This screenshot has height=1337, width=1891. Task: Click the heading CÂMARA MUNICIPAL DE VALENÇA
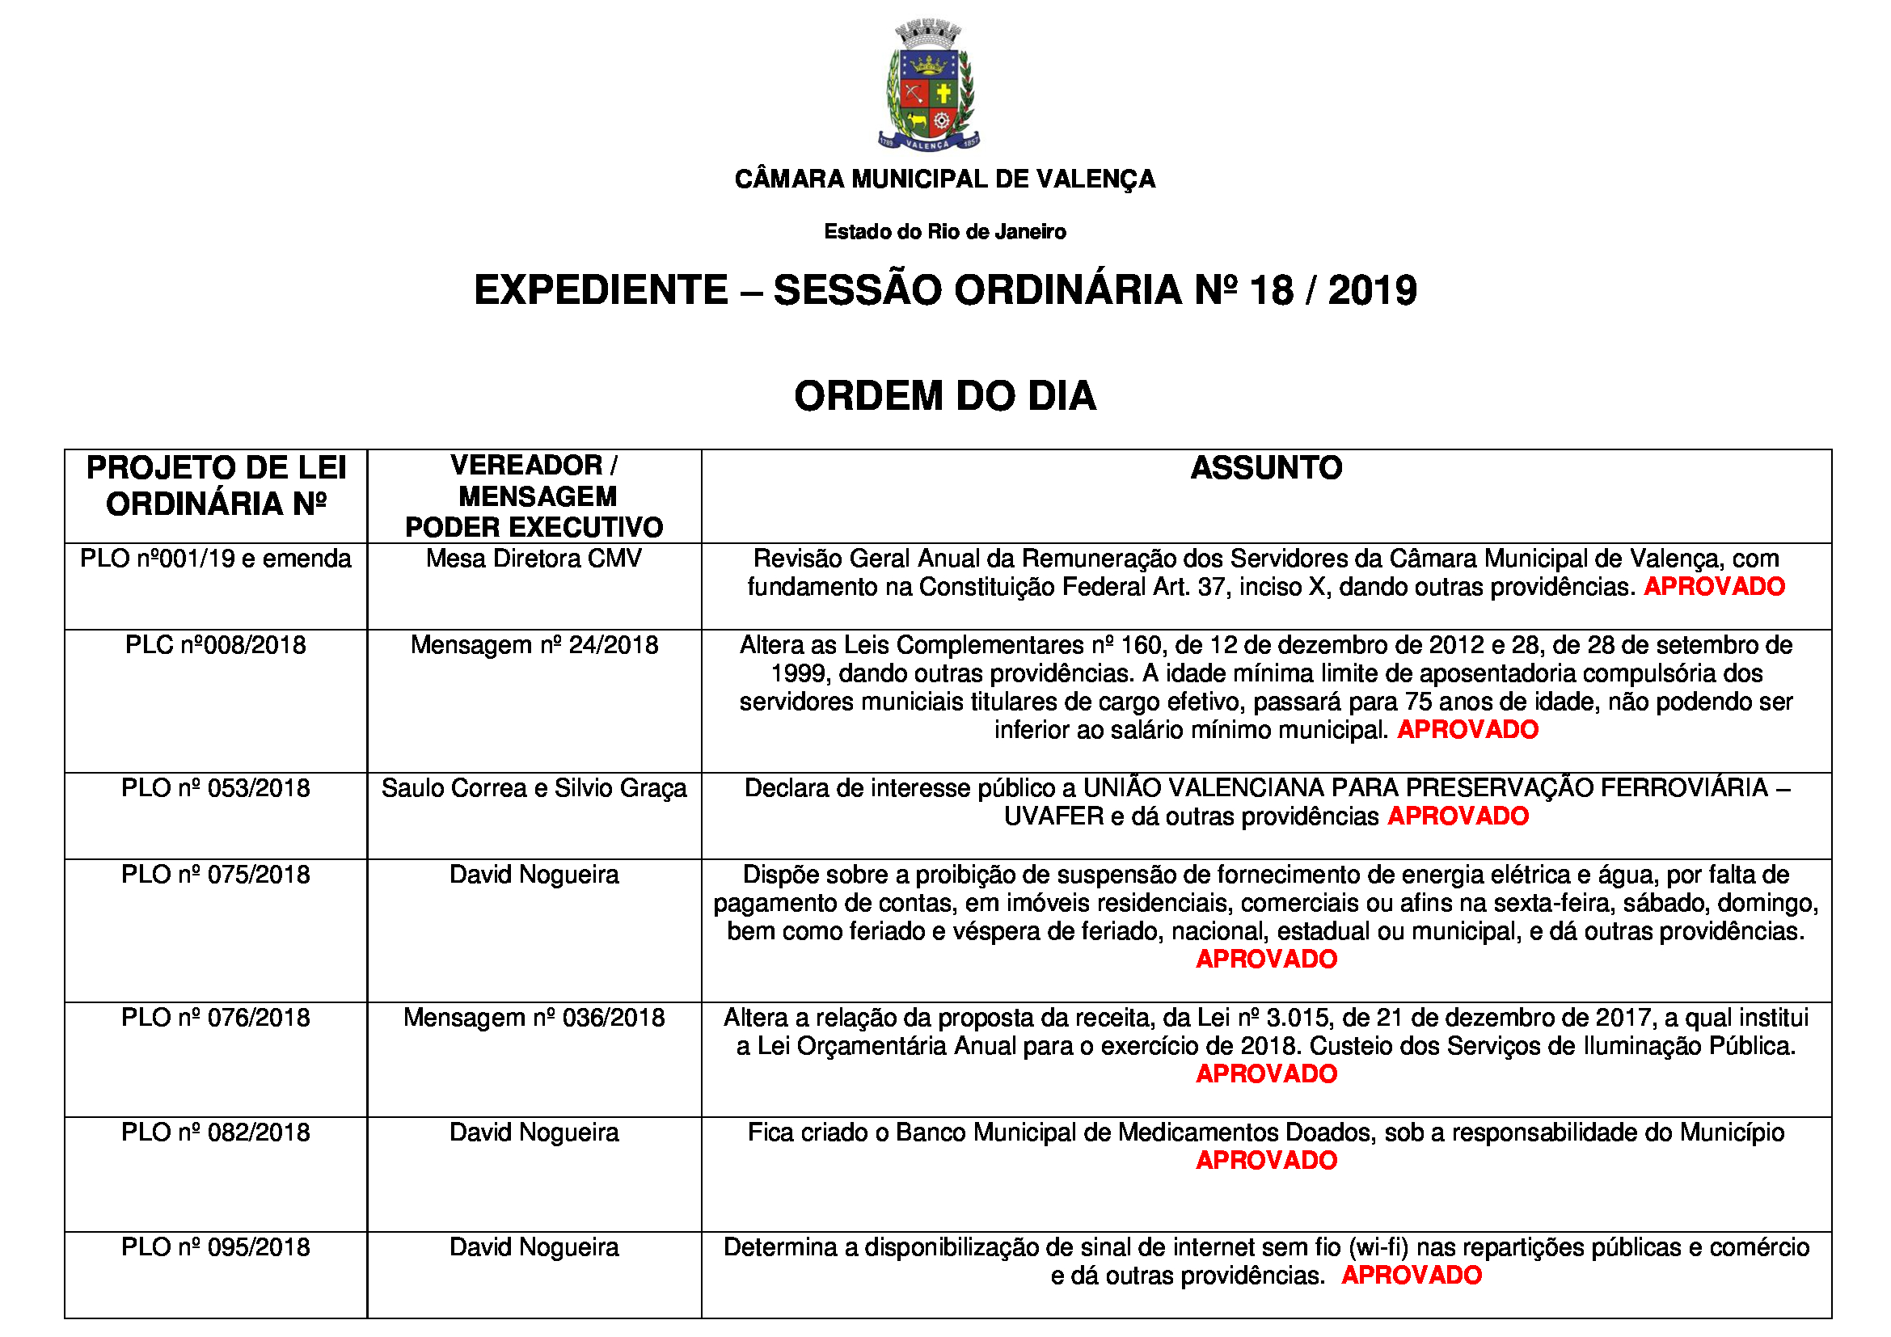[x=944, y=179]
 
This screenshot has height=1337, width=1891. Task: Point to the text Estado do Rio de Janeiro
[x=944, y=232]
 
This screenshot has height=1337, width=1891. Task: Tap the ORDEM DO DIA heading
[x=944, y=396]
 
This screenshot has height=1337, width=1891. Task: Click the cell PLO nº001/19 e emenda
[x=215, y=559]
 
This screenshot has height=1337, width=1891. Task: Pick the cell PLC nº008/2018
[x=215, y=645]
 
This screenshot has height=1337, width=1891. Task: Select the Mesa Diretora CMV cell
[x=534, y=559]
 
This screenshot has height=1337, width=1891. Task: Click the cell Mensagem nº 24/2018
[x=534, y=645]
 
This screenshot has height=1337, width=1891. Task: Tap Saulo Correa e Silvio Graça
[x=534, y=789]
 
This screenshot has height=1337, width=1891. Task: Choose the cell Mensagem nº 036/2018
[x=534, y=1019]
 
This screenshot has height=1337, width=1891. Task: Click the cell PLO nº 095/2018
[x=215, y=1248]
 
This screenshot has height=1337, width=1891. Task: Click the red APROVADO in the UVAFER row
[x=1458, y=816]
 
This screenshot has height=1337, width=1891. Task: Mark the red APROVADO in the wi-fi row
[x=1412, y=1276]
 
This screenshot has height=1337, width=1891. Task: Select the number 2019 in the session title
[x=1372, y=291]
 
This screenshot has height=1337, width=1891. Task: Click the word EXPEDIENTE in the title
[x=601, y=291]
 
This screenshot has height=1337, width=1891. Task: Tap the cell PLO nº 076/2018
[x=215, y=1019]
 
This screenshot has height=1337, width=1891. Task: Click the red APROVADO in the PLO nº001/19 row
[x=1714, y=587]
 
